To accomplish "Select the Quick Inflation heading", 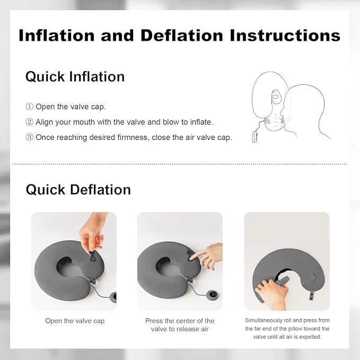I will (x=75, y=76).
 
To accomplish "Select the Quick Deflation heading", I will (x=78, y=189).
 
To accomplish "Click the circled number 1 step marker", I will (x=29, y=107).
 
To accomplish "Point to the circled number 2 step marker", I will (x=29, y=122).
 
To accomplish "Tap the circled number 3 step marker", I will (x=29, y=137).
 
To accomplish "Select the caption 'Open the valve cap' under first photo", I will (x=75, y=321).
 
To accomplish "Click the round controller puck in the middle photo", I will (x=212, y=295).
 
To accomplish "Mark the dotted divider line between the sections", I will (x=180, y=164).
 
